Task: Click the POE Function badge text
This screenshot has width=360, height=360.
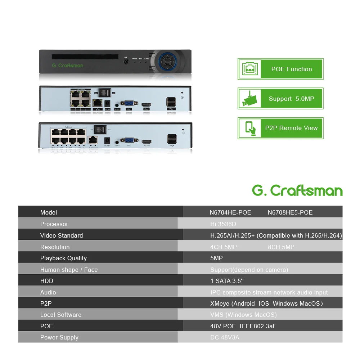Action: pyautogui.click(x=292, y=69)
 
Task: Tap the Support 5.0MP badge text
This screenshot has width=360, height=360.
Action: pyautogui.click(x=291, y=99)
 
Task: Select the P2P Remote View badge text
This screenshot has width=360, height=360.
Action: pyautogui.click(x=291, y=128)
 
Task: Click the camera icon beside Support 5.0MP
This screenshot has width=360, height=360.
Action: pyautogui.click(x=249, y=99)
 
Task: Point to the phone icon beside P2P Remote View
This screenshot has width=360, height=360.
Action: pyautogui.click(x=250, y=128)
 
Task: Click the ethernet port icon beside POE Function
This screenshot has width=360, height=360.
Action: pyautogui.click(x=249, y=69)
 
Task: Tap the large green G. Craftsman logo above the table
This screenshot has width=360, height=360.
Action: pyautogui.click(x=297, y=190)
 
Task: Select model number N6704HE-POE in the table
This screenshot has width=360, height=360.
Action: pyautogui.click(x=230, y=212)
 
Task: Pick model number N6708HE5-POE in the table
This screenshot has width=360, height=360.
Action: pyautogui.click(x=290, y=212)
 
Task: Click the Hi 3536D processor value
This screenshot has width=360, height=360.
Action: pyautogui.click(x=223, y=224)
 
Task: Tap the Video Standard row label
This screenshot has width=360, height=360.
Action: pyautogui.click(x=62, y=235)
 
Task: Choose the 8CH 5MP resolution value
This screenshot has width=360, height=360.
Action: pyautogui.click(x=281, y=247)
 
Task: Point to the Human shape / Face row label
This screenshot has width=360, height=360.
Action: pyautogui.click(x=69, y=270)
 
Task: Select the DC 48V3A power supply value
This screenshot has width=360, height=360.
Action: pyautogui.click(x=225, y=337)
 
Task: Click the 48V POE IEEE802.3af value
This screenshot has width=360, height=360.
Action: pyautogui.click(x=242, y=326)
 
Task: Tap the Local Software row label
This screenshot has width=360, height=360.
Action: pyautogui.click(x=61, y=315)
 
